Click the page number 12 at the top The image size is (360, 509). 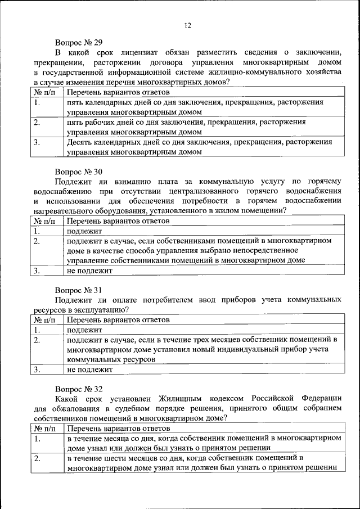(187, 25)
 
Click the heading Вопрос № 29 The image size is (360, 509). (79, 42)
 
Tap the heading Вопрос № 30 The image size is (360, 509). (79, 170)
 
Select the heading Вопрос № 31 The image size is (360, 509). (79, 290)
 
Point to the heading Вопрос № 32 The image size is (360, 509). (79, 389)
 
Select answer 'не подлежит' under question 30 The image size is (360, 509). (89, 271)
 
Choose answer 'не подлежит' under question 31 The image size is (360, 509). (89, 370)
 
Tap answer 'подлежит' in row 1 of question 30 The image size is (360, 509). (84, 231)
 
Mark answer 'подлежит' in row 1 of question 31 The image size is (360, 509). (84, 330)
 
